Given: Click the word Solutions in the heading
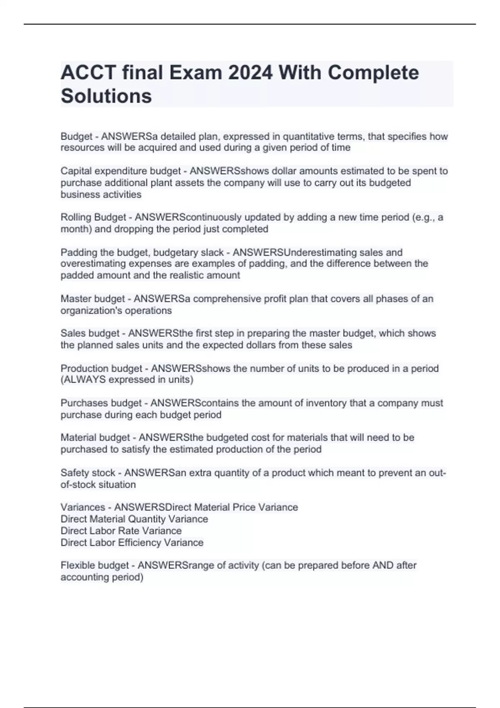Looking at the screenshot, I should [x=106, y=96].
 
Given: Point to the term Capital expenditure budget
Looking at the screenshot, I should [x=120, y=171].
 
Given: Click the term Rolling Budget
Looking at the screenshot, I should [x=93, y=217].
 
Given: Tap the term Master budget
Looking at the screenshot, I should [x=92, y=299].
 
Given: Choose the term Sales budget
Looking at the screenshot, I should [x=90, y=334].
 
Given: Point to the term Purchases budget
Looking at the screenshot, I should [x=101, y=403].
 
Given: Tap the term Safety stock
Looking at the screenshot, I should [x=87, y=473].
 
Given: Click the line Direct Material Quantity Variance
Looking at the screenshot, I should [x=134, y=519].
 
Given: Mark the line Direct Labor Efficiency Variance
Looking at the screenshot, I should [x=132, y=543].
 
